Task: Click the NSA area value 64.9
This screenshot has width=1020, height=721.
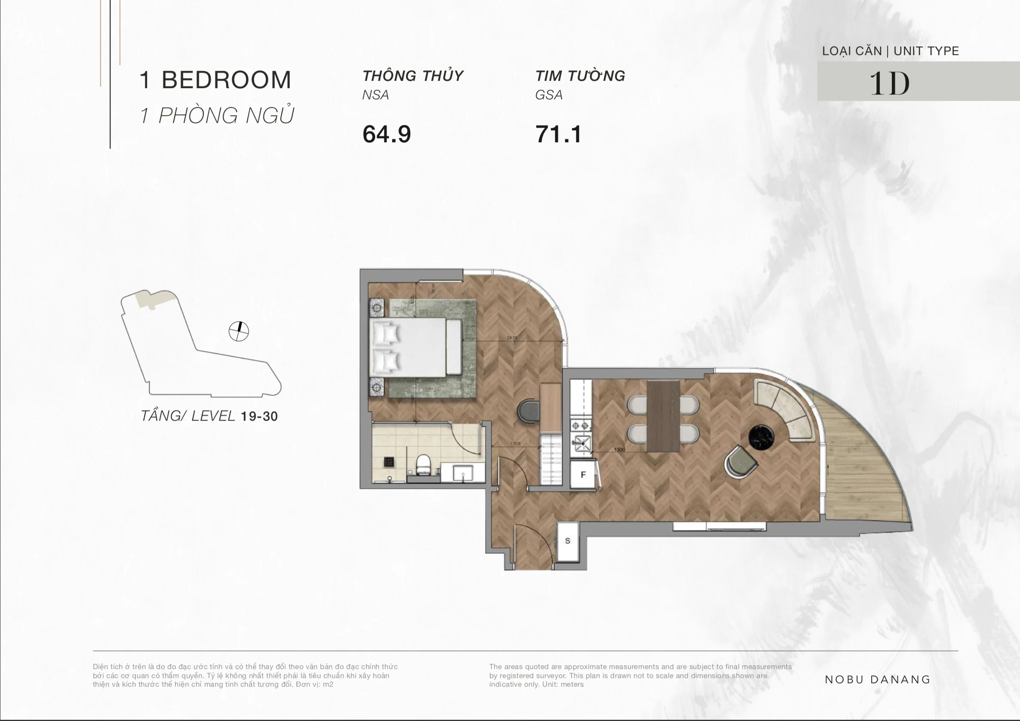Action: [387, 134]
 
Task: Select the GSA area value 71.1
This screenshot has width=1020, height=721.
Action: [559, 134]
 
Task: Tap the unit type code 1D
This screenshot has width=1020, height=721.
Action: [889, 83]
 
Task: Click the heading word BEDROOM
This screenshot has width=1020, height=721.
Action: [226, 80]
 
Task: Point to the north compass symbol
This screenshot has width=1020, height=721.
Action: [239, 331]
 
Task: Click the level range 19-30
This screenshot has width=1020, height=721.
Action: [259, 416]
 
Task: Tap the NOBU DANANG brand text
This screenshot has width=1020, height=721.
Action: [877, 679]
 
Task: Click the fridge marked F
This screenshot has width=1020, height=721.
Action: [583, 475]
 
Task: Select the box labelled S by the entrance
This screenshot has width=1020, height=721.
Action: [567, 541]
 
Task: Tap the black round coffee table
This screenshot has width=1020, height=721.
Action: [762, 437]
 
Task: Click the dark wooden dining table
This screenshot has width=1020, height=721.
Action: [663, 416]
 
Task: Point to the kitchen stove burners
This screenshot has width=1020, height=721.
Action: [581, 426]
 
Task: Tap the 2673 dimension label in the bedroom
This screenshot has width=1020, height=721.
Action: [512, 338]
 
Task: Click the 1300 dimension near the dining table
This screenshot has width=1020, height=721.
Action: [619, 450]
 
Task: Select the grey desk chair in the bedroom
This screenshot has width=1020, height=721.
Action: [528, 411]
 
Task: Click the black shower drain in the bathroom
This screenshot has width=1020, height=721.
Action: [389, 462]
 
